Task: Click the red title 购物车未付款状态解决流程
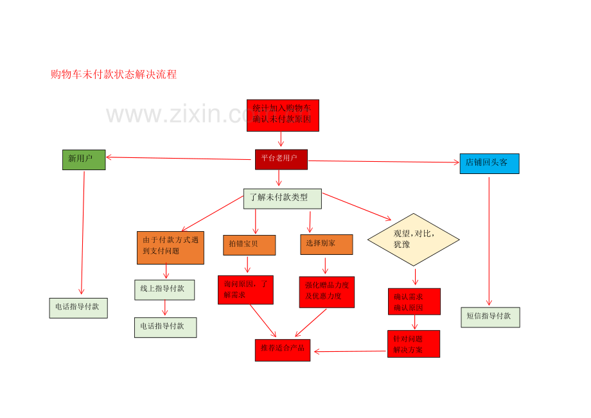[114, 74]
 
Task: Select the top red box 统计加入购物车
[283, 115]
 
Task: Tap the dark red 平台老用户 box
[281, 159]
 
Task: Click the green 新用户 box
[84, 159]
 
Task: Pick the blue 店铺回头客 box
[489, 163]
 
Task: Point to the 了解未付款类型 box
[282, 198]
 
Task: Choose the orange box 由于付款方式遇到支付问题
[170, 247]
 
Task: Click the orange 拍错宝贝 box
[249, 245]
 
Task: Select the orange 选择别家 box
[326, 244]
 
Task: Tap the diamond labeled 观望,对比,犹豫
[413, 239]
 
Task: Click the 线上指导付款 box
[164, 290]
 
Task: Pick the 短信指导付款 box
[490, 317]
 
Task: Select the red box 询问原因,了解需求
[245, 290]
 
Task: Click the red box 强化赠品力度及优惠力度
[326, 292]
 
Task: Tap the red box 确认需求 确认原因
[414, 301]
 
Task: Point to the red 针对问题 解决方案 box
[413, 344]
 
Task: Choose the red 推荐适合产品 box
[282, 350]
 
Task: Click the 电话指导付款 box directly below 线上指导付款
[165, 327]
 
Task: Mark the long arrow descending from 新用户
[83, 231]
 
